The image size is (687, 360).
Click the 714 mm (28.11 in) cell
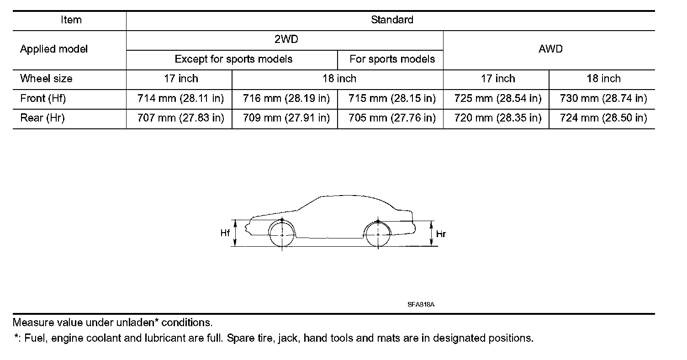tap(180, 98)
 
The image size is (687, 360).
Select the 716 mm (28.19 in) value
tap(286, 98)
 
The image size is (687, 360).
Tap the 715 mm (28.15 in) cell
tap(392, 98)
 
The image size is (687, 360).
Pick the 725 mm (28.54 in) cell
tap(498, 98)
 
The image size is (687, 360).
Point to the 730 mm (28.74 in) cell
tap(603, 98)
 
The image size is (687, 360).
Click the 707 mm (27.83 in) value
tap(180, 118)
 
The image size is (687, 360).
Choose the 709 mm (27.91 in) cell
tap(286, 118)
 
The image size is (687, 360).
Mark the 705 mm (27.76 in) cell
tap(392, 118)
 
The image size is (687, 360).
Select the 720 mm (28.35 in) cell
tap(498, 118)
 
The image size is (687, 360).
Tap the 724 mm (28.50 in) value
tap(603, 118)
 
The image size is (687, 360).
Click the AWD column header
tap(550, 49)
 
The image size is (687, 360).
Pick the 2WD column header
tap(286, 39)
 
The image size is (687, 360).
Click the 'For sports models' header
tap(392, 59)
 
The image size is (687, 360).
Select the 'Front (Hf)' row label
tap(43, 98)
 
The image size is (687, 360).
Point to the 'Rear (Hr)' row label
tap(42, 118)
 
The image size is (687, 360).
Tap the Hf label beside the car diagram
tap(225, 233)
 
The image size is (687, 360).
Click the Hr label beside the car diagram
tap(441, 234)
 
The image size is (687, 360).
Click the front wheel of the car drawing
tap(282, 234)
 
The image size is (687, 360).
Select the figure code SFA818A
tap(420, 304)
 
